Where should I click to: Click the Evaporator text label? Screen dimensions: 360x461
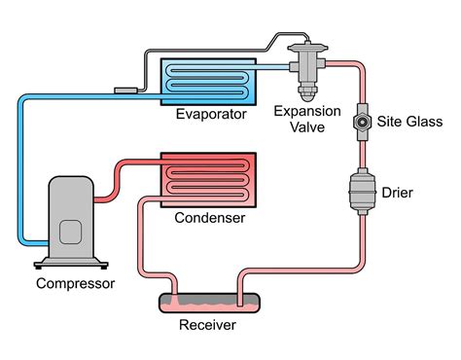[208, 114]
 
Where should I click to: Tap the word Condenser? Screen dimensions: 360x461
[208, 217]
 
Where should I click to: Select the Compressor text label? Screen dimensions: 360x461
[75, 284]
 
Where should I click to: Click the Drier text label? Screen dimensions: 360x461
[397, 193]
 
